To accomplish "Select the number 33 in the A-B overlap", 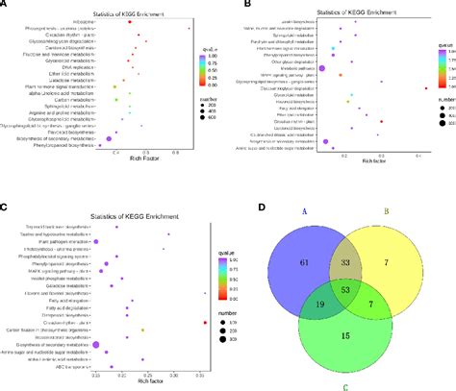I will pos(344,260).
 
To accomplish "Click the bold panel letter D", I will pos(248,205).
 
